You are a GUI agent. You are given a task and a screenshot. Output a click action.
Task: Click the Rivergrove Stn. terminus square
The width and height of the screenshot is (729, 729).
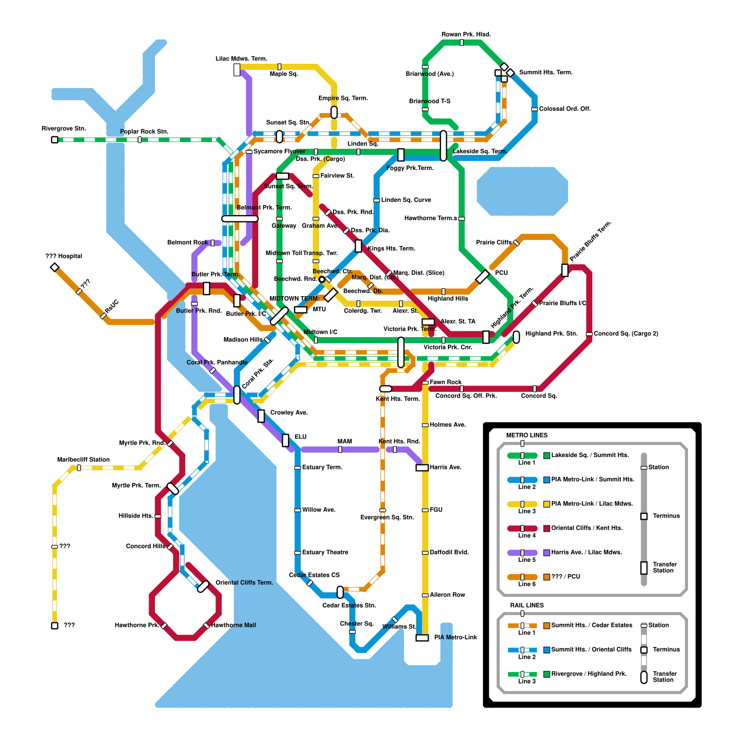coord(55,139)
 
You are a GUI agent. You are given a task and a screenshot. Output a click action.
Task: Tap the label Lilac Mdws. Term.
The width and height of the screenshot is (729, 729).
coord(241,59)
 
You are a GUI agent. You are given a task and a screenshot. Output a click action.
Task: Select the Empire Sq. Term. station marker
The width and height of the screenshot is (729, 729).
coord(334,112)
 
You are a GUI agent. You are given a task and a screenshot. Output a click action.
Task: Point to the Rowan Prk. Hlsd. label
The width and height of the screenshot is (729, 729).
coord(466,35)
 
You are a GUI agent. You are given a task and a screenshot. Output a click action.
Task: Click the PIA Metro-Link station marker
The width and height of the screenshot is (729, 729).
coord(422,637)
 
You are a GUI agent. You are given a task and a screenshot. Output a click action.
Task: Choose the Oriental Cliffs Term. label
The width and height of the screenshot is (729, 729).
coord(244,583)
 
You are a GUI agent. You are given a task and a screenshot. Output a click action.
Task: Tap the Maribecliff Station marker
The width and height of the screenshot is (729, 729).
coord(79,467)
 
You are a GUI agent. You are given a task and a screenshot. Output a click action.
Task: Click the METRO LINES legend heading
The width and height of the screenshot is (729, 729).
coord(527,435)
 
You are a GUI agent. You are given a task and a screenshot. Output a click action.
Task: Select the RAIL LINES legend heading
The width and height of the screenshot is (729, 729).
coord(527,606)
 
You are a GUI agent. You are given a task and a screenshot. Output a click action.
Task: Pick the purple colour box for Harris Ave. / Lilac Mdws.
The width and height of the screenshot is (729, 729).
coord(546,553)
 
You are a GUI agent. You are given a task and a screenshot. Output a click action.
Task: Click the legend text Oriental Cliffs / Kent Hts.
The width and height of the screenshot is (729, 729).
coord(587,528)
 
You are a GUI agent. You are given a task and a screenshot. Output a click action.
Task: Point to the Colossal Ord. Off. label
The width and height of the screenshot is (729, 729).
coord(565,109)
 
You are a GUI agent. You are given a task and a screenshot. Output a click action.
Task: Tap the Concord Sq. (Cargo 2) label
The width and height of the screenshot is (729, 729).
coord(626,334)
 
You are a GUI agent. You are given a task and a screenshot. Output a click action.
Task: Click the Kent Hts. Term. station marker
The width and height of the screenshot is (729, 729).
coord(385,389)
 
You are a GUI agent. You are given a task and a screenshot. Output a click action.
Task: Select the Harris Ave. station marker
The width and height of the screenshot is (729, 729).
coord(422,467)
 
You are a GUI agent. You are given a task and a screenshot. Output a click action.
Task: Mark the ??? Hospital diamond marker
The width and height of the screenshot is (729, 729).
coord(55,267)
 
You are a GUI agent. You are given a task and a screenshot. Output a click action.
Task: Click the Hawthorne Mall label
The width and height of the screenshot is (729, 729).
coord(233,625)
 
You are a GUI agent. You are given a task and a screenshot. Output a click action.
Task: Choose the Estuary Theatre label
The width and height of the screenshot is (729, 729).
coord(325,552)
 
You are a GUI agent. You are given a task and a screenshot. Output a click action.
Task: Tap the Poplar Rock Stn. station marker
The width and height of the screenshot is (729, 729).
coord(139,139)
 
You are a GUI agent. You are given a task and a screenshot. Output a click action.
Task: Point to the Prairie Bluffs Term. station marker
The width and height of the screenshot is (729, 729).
coord(565,270)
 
